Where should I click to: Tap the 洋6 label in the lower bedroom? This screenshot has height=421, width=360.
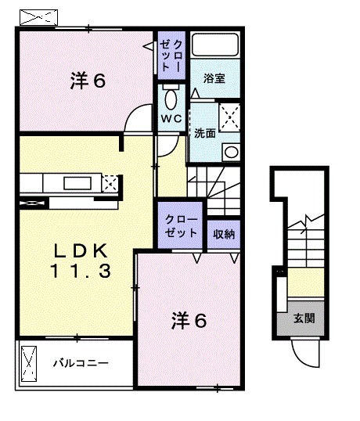click(190, 320)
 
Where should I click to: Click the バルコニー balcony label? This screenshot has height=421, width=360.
click(81, 364)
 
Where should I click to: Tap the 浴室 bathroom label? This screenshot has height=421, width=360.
click(214, 78)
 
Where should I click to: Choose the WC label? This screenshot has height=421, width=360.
click(171, 118)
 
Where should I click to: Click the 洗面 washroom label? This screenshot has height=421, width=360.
click(205, 133)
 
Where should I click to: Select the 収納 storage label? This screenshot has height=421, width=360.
click(224, 233)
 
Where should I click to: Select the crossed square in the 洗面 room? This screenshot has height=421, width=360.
click(229, 118)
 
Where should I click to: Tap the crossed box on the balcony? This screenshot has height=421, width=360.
click(30, 363)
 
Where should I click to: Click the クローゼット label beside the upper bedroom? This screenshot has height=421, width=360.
click(171, 56)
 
